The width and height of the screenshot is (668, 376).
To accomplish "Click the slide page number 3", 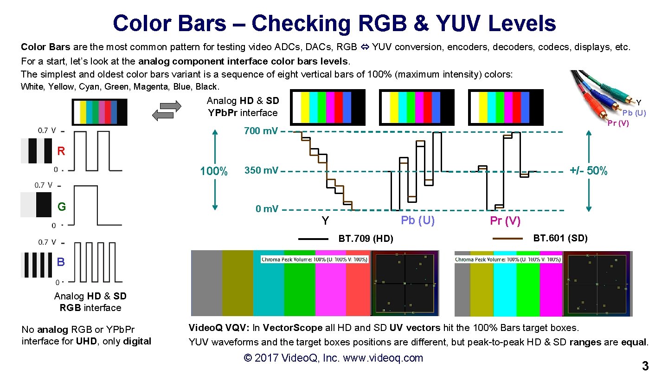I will (x=645, y=366).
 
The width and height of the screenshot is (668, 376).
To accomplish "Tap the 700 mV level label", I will (x=260, y=131).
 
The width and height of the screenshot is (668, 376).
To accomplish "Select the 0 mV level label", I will (x=267, y=209).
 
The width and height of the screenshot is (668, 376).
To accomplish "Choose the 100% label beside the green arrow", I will (x=213, y=171).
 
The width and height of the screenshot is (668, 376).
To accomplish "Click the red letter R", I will (x=61, y=151).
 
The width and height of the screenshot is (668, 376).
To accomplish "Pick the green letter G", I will (x=61, y=207).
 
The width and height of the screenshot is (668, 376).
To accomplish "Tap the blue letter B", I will (x=61, y=262).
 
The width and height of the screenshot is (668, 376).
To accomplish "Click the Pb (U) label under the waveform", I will (x=417, y=220).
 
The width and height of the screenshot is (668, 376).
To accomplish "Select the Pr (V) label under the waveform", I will (x=505, y=221).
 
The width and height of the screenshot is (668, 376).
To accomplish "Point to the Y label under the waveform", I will (x=325, y=221).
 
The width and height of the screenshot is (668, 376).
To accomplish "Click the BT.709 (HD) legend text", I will (x=366, y=239).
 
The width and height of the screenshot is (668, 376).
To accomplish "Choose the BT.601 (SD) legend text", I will (x=560, y=239).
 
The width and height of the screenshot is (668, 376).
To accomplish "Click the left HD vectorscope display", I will (x=405, y=283).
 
